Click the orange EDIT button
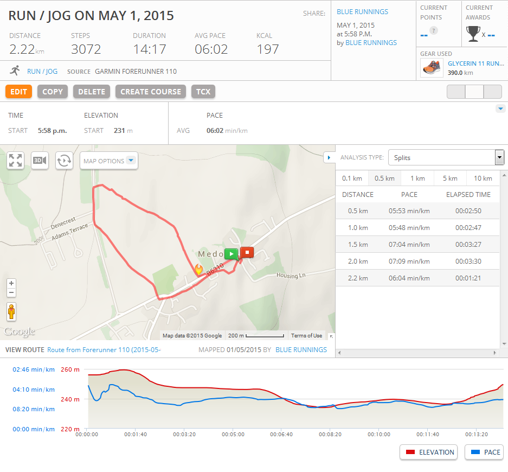[x=18, y=92]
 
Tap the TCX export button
[x=203, y=92]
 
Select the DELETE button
[x=92, y=92]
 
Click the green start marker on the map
[x=231, y=253]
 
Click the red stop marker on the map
[x=247, y=252]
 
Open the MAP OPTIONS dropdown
[x=109, y=161]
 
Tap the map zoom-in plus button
[x=11, y=283]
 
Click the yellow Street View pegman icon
[x=11, y=312]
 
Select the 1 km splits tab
[x=417, y=178]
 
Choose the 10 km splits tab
[x=483, y=178]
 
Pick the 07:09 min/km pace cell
[x=409, y=261]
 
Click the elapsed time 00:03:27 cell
[x=468, y=244]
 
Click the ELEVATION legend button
[x=428, y=452]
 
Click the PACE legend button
[x=485, y=452]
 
